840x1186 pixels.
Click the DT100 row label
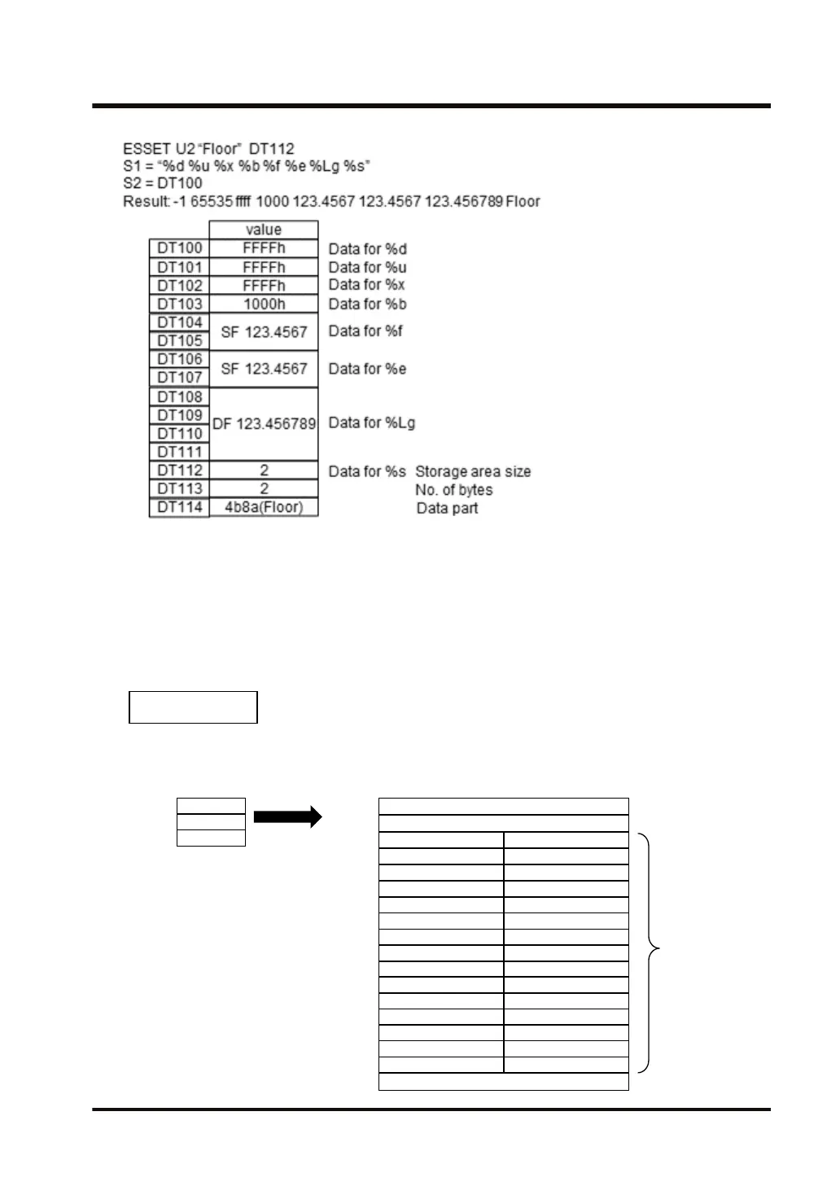coord(180,248)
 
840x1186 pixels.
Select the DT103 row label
coord(180,304)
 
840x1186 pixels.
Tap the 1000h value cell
coord(264,304)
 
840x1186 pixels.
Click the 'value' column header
coord(264,230)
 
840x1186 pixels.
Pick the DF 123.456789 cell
coord(264,424)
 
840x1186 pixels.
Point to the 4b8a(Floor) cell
coord(264,507)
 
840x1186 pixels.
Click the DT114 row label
coord(180,507)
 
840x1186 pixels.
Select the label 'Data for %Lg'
coord(372,422)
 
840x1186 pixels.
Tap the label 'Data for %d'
coord(368,249)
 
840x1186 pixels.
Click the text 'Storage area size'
coord(473,471)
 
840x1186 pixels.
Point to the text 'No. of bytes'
coord(454,490)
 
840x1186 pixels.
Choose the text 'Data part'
coord(448,509)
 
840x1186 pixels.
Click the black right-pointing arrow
coord(288,817)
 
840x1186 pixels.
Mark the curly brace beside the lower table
coord(649,952)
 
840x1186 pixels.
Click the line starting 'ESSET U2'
coord(208,149)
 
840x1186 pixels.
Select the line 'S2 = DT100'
coord(163,183)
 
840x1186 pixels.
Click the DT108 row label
coord(180,397)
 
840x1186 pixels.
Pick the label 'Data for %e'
coord(368,369)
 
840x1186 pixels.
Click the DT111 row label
coord(180,452)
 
